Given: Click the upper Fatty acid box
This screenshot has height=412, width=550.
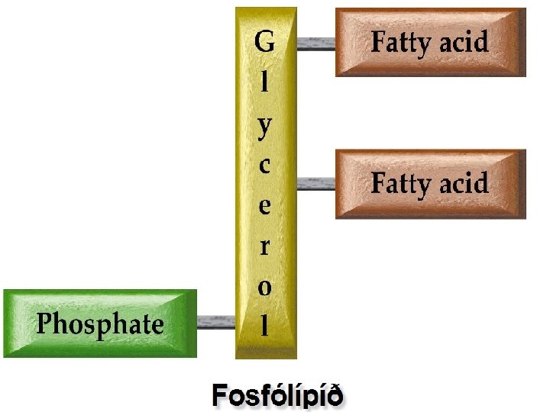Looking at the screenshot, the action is pos(431,42).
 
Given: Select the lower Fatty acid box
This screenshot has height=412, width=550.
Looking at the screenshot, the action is pos(431,184).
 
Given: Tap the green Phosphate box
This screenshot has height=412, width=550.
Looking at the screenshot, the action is pos(100,323).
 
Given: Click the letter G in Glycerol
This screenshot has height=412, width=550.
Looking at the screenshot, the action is pos(264,42).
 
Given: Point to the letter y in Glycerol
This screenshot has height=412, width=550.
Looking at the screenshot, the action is pos(264,126).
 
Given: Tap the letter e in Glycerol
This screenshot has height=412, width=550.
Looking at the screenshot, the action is pos(264,206).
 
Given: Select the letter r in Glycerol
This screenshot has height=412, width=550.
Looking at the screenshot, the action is pos(264,246).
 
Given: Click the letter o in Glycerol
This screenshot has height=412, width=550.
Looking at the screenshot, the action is pos(264,287).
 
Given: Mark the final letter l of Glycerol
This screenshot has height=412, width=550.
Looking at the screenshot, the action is pos(264,326).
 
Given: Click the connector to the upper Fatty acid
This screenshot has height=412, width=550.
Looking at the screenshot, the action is pos(315,43).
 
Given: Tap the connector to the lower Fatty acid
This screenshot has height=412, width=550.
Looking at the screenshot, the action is pos(315,184).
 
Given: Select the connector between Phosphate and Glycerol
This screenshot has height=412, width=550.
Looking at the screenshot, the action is pos(215,323).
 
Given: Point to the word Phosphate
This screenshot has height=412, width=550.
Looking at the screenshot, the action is pos(100,324).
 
